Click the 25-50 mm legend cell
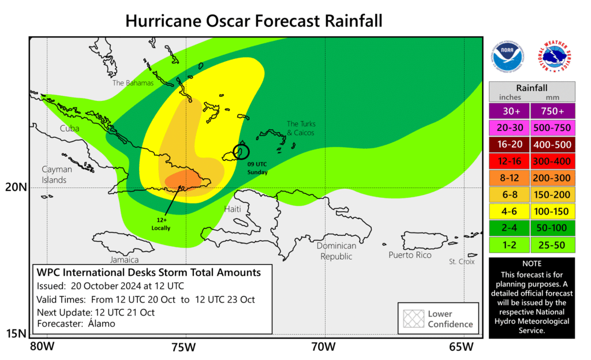[553, 244]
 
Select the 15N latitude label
[16, 333]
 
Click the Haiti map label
[232, 208]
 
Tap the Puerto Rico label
[410, 255]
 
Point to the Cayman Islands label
[57, 175]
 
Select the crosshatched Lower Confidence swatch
[412, 318]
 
